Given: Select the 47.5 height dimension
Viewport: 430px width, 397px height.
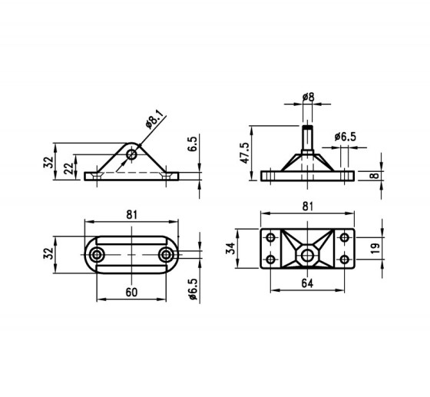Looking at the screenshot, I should (x=245, y=154).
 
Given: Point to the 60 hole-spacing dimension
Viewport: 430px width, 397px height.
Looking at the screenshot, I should (x=131, y=293).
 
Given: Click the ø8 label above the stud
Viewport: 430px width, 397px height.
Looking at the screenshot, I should (x=307, y=98).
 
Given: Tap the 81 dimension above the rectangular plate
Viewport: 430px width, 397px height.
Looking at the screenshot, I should (x=307, y=207).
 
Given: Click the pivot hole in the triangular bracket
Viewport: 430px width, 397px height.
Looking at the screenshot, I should (x=132, y=154).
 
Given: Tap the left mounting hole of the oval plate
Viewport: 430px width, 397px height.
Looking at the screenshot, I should (x=97, y=254).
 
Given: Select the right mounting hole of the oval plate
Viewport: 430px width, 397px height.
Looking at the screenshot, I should (x=166, y=254).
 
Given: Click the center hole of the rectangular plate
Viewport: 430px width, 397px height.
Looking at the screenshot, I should (x=307, y=250).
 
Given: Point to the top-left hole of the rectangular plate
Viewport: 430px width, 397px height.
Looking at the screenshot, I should (x=271, y=237).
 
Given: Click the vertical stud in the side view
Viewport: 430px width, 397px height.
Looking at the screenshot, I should (x=307, y=137).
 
